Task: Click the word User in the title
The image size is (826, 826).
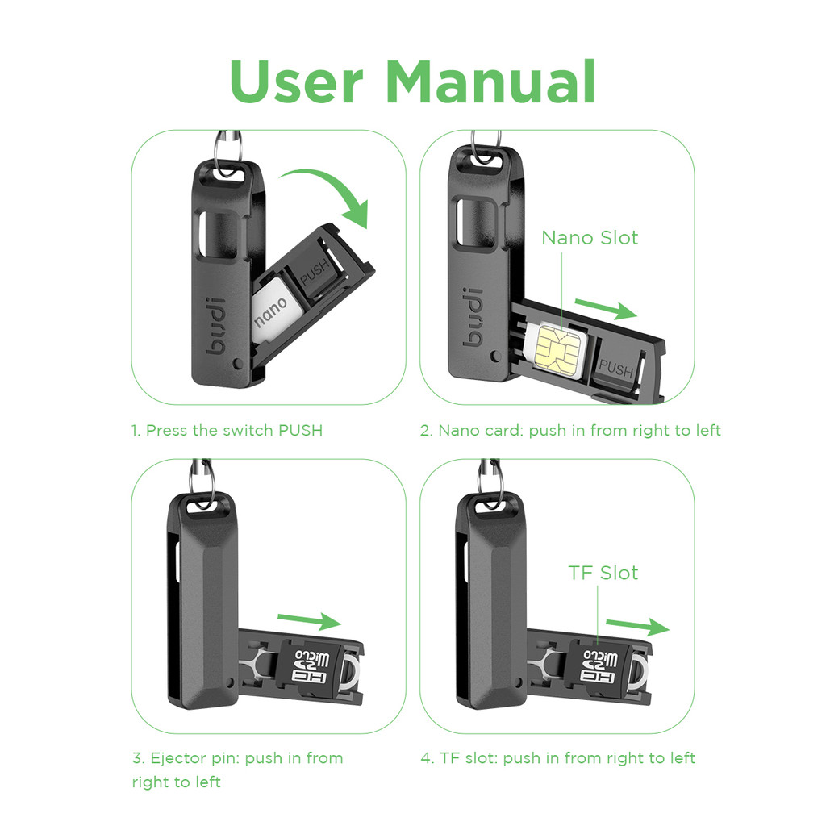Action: click(x=296, y=81)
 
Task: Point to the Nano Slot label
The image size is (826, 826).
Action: click(x=589, y=238)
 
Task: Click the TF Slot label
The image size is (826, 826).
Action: click(x=603, y=573)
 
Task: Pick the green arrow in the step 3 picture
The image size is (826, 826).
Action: click(x=310, y=621)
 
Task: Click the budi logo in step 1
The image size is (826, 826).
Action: click(x=222, y=329)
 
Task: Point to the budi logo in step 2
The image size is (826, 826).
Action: click(x=475, y=315)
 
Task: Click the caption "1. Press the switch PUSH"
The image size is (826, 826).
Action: click(x=227, y=430)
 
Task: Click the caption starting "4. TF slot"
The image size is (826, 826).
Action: click(x=557, y=758)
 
